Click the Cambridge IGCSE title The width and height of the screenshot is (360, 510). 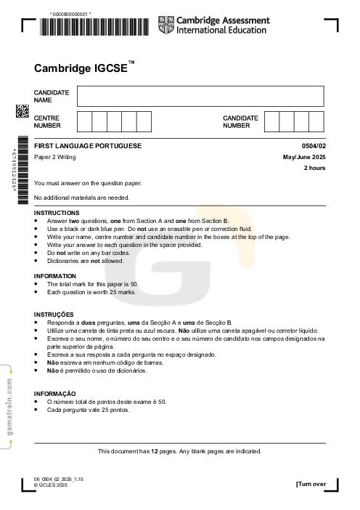pos(84,68)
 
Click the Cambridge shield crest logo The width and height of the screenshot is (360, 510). pos(165,26)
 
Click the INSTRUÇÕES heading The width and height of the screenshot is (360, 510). pos(54,314)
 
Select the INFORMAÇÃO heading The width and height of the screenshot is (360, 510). pos(55,393)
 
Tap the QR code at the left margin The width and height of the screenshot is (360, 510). pos(22,111)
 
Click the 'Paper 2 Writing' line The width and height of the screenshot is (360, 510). pos(54,157)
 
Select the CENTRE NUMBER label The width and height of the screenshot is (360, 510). pos(47,121)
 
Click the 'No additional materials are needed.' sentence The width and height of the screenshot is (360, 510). pos(82,198)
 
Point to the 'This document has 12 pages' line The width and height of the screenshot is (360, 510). pos(179,451)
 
